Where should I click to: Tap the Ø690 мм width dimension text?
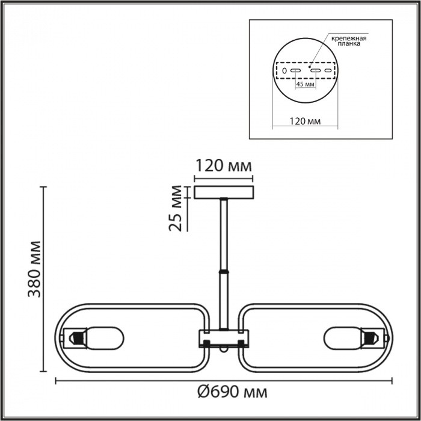(232, 393)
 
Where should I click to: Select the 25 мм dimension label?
(176, 207)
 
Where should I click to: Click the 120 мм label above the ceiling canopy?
(222, 165)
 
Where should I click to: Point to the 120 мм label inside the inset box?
(304, 121)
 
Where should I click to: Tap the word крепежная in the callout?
(348, 38)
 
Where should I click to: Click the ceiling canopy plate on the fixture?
(223, 192)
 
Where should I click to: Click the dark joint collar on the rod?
(224, 272)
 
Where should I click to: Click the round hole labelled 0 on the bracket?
(284, 71)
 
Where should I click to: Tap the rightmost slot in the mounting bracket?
(328, 71)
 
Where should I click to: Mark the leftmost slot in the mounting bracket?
(295, 71)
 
